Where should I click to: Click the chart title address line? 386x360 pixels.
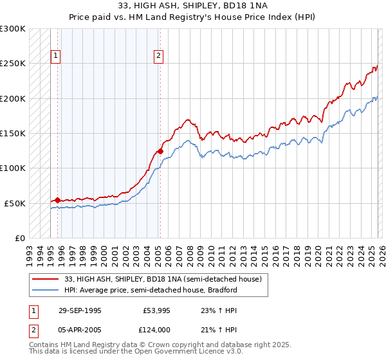[x=192, y=6]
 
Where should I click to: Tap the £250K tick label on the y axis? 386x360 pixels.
[x=13, y=64]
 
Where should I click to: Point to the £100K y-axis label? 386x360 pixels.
[x=13, y=168]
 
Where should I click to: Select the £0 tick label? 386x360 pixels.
[x=19, y=238]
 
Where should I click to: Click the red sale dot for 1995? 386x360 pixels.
[x=58, y=201]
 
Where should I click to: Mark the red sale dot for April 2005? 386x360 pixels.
[x=160, y=152]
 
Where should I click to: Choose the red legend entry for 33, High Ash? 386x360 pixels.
[x=163, y=280]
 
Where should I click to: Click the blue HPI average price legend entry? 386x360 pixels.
[x=151, y=291]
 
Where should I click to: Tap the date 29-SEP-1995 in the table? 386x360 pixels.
[x=80, y=310]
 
